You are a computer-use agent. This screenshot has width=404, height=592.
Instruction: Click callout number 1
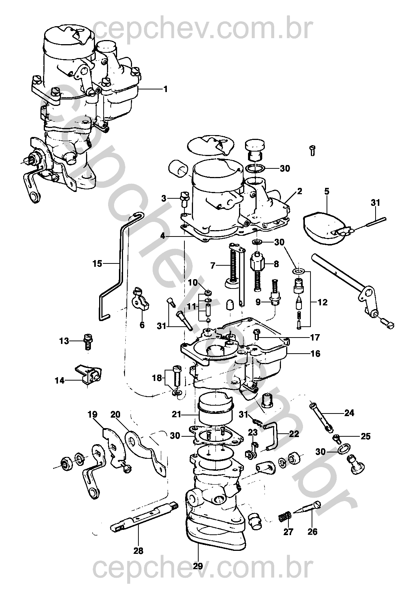pos(165,89)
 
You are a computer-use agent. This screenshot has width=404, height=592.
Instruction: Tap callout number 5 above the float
pos(327,192)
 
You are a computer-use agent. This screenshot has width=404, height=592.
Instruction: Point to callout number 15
pos(97,264)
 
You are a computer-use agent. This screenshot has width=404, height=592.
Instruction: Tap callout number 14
pos(59,381)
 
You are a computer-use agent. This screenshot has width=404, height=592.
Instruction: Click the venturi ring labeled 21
pos(215,410)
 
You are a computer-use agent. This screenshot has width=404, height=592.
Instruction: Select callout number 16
pos(315,353)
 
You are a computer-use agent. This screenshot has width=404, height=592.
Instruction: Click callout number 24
pos(349,413)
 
